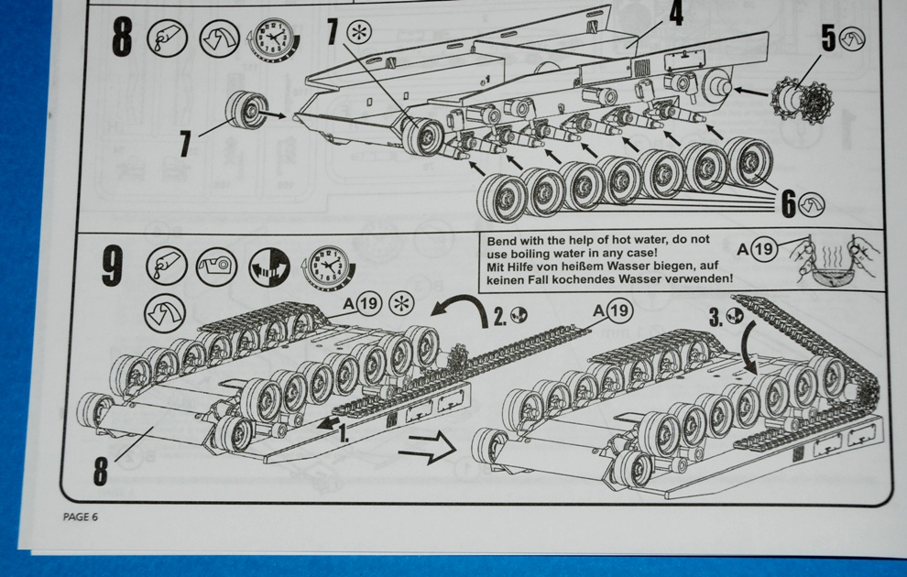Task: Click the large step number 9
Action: (x=113, y=266)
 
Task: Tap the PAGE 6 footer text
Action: (x=81, y=517)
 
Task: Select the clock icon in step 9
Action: (x=327, y=267)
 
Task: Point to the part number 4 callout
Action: (x=675, y=13)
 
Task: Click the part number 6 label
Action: (x=789, y=204)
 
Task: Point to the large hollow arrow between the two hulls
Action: (x=427, y=446)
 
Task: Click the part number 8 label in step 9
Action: (x=101, y=471)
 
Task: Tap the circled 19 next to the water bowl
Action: (x=763, y=248)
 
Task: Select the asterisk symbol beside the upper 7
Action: (x=358, y=32)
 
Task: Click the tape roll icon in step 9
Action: (x=216, y=266)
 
